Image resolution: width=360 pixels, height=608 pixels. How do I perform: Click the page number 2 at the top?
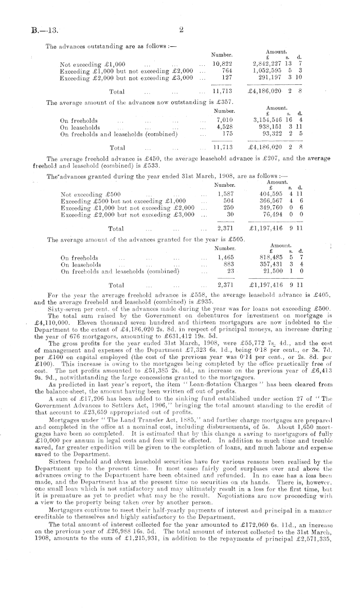181,29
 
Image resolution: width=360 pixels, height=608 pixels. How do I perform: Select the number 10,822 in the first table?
222,64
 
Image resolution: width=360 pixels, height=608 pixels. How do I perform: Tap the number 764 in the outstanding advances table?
226,70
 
